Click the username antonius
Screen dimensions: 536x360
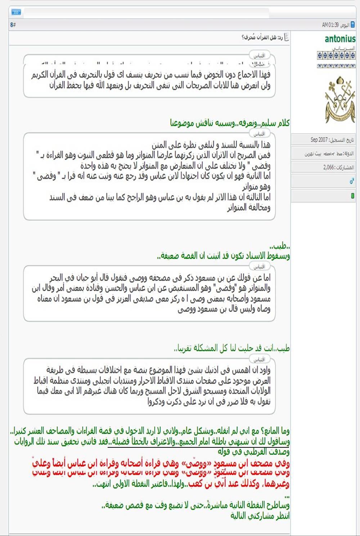pos(340,39)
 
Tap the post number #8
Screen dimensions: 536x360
pos(13,25)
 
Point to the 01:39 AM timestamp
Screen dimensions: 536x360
pos(330,25)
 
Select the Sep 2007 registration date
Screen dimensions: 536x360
pos(319,140)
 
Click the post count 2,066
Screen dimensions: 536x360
pos(328,167)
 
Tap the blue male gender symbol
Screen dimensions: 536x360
pos(352,182)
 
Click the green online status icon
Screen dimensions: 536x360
pos(352,196)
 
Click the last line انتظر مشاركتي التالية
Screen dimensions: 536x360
pos(260,516)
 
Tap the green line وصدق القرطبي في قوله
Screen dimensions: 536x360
pos(253,452)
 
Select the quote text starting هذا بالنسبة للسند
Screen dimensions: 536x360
pos(211,145)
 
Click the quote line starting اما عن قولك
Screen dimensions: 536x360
pos(160,277)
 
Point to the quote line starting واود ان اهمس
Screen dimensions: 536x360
pos(158,370)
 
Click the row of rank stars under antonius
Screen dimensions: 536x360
pos(336,55)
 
